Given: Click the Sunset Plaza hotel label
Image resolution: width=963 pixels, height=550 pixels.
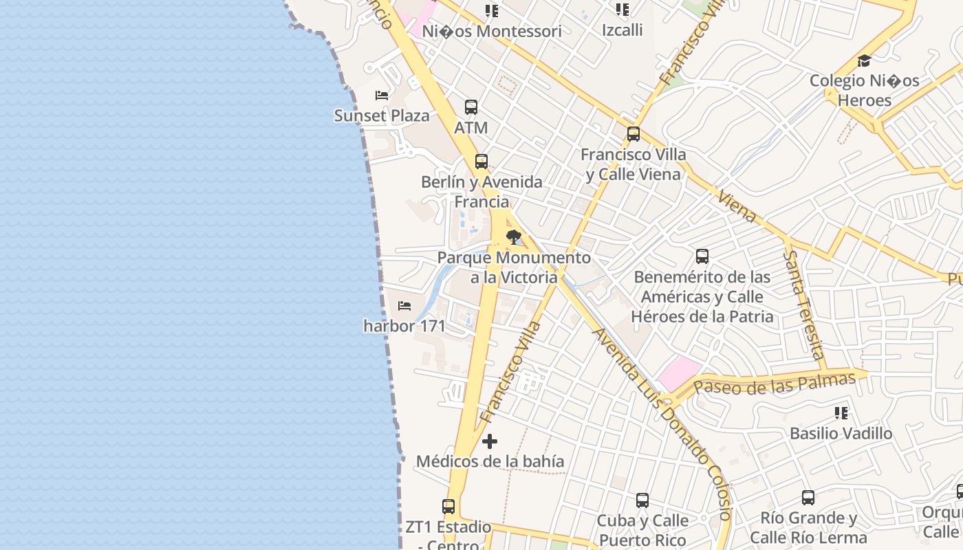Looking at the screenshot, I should click(382, 115).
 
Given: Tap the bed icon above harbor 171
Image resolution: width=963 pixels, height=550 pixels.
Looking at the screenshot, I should click(404, 305).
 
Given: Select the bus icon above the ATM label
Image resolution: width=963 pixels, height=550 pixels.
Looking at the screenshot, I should click(471, 107).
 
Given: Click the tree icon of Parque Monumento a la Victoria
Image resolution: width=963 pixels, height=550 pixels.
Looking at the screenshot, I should click(513, 238).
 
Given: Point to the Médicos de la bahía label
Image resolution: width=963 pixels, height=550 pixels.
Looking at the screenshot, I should click(490, 461).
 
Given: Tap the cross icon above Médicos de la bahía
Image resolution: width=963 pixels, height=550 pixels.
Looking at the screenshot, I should click(490, 441).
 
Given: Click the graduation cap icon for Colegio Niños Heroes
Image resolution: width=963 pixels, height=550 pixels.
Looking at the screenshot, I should click(864, 60).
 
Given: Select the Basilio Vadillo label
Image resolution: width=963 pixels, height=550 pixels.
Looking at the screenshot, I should click(841, 434).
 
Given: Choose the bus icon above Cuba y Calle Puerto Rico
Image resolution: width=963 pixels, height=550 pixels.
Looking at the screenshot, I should click(642, 500).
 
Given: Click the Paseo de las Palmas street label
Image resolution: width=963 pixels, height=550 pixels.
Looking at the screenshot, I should click(775, 384).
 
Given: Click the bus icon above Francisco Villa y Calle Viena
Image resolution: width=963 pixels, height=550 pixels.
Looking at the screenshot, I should click(634, 134).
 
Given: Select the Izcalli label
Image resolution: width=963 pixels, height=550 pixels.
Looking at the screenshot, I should click(622, 30).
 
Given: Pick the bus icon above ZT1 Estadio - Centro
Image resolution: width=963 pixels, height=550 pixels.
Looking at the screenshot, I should click(448, 507).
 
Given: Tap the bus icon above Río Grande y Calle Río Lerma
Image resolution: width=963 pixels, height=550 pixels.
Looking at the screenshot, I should click(808, 497).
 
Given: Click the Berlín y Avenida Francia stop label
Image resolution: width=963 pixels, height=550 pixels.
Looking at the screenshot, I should click(481, 192).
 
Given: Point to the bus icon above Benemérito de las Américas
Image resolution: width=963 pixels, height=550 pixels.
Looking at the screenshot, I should click(702, 256).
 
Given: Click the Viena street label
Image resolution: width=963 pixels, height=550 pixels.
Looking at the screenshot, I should click(737, 206).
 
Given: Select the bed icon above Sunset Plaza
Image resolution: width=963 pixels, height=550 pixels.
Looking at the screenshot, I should click(382, 96).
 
